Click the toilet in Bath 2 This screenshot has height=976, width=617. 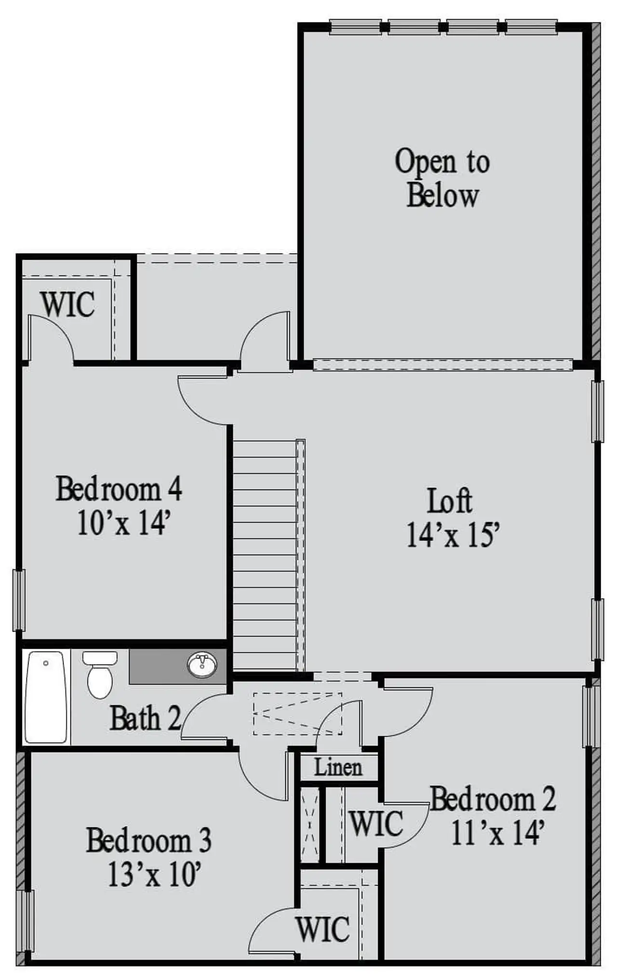[100, 675]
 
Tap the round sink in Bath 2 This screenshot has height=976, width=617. [202, 665]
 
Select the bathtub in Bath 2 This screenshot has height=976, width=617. [46, 697]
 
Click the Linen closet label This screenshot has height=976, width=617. [338, 768]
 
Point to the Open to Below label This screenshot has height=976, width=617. [442, 178]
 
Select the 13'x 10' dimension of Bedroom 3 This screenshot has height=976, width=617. [154, 874]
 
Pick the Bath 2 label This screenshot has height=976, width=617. [145, 719]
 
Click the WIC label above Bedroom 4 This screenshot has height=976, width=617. [67, 305]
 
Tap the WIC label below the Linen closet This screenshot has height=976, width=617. [376, 823]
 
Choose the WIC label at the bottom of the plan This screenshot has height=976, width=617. [322, 929]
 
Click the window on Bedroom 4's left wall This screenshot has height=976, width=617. [19, 600]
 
